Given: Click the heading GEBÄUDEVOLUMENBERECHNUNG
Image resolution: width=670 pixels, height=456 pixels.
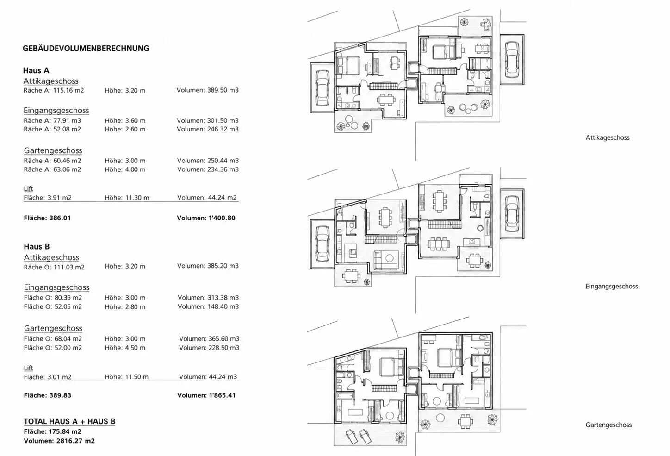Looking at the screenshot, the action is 86,49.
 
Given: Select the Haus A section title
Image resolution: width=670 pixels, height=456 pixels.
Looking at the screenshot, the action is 36,71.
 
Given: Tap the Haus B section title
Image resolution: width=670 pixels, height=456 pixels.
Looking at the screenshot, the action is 37,247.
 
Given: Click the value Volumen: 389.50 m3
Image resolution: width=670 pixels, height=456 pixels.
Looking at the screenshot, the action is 208,90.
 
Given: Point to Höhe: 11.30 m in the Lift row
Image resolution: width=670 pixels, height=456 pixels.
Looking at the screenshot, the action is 127,198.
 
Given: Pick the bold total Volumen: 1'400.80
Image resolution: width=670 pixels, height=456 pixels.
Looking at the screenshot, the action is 206,218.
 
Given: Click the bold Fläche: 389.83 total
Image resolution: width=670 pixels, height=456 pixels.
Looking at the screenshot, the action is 48,395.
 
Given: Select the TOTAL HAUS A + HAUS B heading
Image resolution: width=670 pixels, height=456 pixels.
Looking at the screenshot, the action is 69,421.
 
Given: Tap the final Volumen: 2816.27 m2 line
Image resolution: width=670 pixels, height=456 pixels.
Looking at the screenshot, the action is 59,441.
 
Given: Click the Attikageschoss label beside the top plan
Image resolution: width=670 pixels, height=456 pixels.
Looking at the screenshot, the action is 608,137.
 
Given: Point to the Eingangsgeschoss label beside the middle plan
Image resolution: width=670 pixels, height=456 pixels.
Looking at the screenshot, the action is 612,287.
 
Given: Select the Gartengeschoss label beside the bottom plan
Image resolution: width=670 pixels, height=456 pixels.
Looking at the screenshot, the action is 608,425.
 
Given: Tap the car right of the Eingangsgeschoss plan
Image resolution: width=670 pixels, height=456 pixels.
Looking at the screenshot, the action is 512,213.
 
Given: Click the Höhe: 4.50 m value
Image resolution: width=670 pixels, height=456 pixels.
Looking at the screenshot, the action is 125,348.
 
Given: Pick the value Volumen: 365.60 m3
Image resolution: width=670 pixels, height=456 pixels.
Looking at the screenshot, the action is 209,339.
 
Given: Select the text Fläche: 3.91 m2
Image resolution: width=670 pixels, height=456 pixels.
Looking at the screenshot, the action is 48,198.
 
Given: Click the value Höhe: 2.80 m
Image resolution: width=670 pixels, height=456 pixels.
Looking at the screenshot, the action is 125,306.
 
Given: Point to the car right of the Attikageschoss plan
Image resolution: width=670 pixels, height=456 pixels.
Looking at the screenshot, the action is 512,59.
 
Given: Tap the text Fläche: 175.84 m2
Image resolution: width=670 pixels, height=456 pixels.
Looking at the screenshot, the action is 53,431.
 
